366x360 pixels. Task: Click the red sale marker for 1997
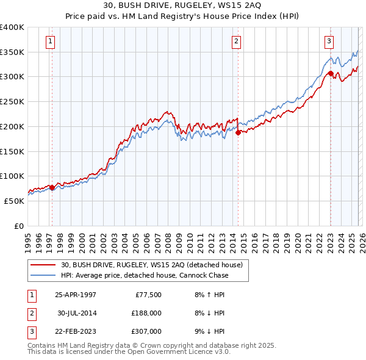pyautogui.click(x=52, y=188)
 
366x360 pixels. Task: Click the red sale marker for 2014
pyautogui.click(x=238, y=133)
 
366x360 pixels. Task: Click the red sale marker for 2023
pyautogui.click(x=330, y=74)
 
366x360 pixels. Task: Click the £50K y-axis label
pyautogui.click(x=15, y=201)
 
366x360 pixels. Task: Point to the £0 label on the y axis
pyautogui.click(x=19, y=226)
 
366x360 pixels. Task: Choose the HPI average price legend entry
pyautogui.click(x=144, y=275)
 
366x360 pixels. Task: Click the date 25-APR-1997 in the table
pyautogui.click(x=76, y=295)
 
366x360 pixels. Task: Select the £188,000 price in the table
pyautogui.click(x=146, y=313)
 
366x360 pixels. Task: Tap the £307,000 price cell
pyautogui.click(x=146, y=331)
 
